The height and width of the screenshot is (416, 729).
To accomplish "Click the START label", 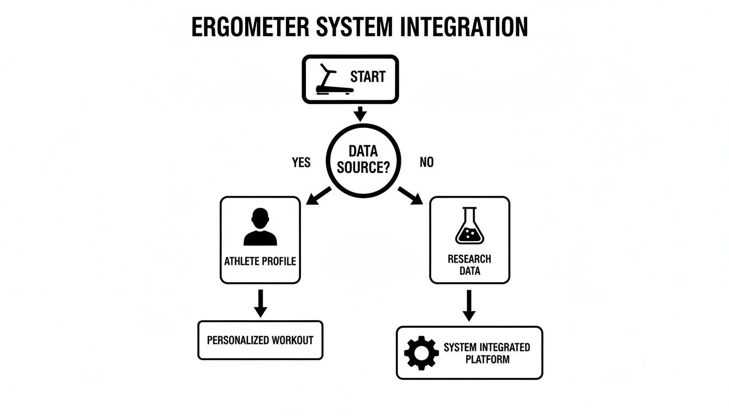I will pyautogui.click(x=368, y=77).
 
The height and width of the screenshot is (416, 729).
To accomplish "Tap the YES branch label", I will pyautogui.click(x=301, y=162).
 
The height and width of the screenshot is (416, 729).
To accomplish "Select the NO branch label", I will pyautogui.click(x=427, y=162).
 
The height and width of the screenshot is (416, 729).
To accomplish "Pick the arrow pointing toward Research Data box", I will pyautogui.click(x=410, y=196).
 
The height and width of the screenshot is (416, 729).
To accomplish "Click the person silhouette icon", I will pyautogui.click(x=260, y=227).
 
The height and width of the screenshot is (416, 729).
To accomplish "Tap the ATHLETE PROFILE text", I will pyautogui.click(x=260, y=261).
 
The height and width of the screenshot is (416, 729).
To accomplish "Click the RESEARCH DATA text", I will pyautogui.click(x=470, y=265).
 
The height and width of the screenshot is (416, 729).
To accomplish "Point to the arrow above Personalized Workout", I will pyautogui.click(x=260, y=303).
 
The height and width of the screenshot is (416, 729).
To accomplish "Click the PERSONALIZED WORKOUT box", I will pyautogui.click(x=260, y=340).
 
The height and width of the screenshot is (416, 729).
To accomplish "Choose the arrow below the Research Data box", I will pyautogui.click(x=470, y=304).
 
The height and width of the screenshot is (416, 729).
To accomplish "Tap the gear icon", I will pyautogui.click(x=421, y=353).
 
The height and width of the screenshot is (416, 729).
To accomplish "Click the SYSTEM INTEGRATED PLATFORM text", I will pyautogui.click(x=487, y=353).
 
